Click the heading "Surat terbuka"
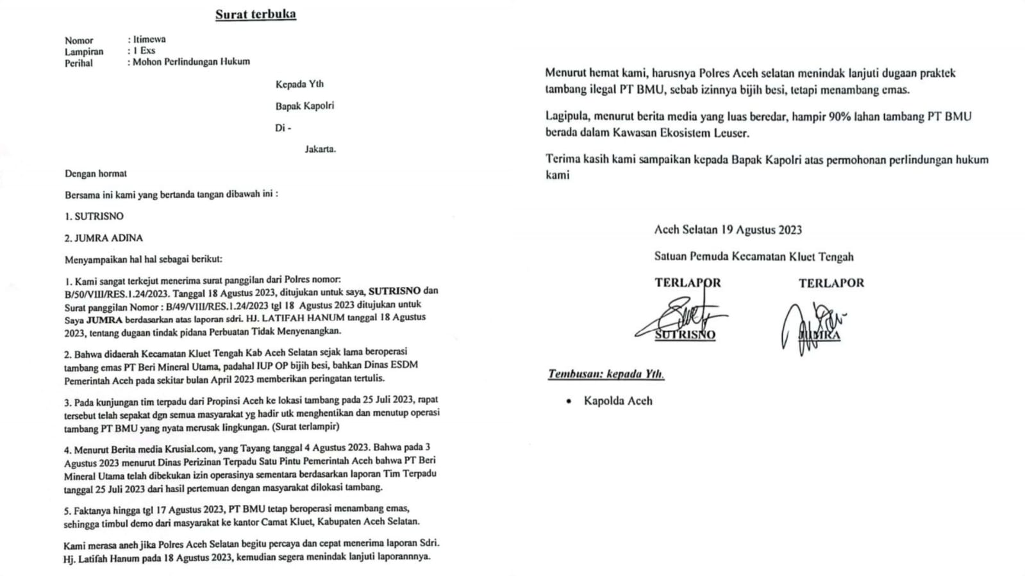point(255,14)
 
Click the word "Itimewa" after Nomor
point(149,39)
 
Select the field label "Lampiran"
point(83,51)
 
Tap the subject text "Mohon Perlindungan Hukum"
point(191,62)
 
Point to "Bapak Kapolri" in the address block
point(304,106)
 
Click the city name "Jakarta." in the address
point(320,149)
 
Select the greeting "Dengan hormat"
point(96,174)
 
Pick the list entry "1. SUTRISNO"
point(94,217)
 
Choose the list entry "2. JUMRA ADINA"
point(103,238)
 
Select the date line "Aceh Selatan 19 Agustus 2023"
point(728,230)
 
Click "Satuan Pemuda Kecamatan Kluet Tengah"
point(753,257)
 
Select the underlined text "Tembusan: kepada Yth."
point(606,374)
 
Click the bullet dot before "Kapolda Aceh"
point(569,401)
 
